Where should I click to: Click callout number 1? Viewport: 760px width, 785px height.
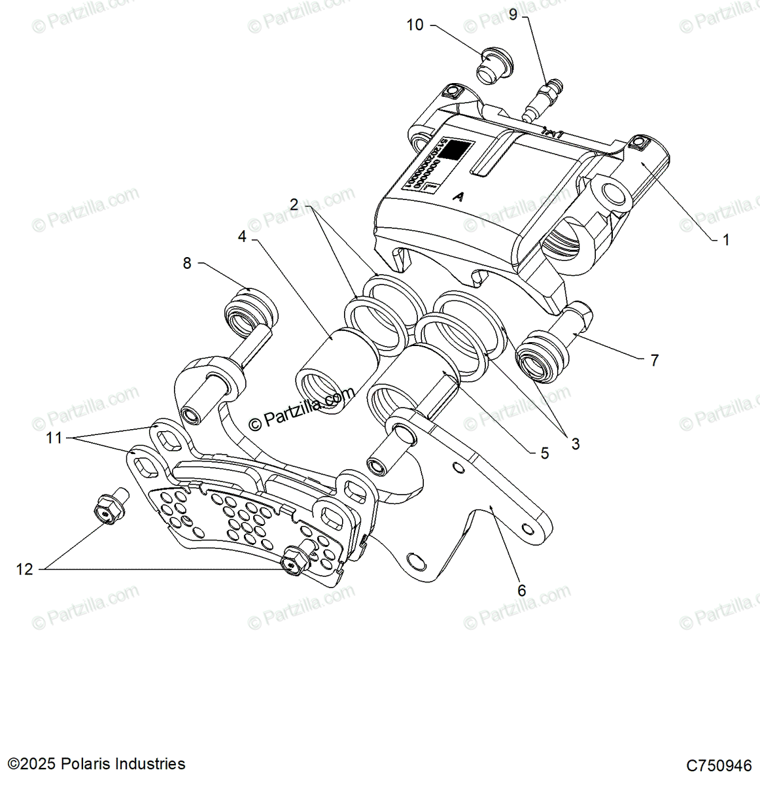(x=725, y=240)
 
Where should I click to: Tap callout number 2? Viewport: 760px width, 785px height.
(x=294, y=205)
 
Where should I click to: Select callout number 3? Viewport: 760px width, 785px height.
(x=575, y=444)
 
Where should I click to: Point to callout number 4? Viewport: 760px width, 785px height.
(x=243, y=236)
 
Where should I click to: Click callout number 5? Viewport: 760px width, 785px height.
(x=545, y=453)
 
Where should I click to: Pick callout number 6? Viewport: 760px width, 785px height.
(x=521, y=590)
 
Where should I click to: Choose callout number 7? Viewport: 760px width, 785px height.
(x=654, y=360)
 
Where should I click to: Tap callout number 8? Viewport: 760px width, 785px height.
(x=187, y=263)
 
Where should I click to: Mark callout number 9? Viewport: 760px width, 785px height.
(x=513, y=14)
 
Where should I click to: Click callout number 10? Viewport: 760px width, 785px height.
(x=415, y=25)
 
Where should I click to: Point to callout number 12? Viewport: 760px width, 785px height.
(x=24, y=570)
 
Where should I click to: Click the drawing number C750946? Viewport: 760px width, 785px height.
(x=719, y=765)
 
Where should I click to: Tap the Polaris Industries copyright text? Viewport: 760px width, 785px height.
(x=96, y=763)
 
